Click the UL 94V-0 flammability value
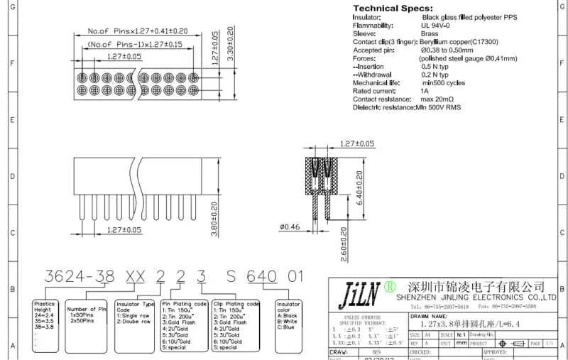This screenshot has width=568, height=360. pos(437,26)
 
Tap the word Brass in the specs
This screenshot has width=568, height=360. pos(430,33)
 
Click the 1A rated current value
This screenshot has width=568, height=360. pos(425,91)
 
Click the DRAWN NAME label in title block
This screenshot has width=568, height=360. pos(429,316)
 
